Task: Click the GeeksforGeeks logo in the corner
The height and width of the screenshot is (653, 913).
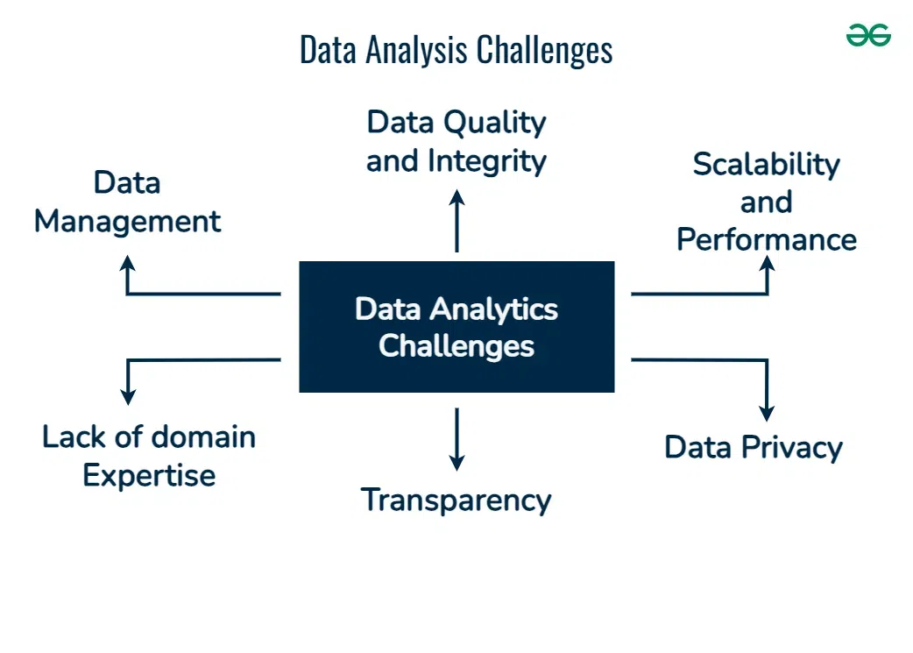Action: [x=868, y=35]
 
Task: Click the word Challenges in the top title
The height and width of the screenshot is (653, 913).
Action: [x=544, y=50]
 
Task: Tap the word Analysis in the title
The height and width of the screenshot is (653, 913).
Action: [x=416, y=50]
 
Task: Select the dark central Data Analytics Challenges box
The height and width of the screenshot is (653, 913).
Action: [x=456, y=327]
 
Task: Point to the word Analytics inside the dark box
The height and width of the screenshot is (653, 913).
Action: [x=494, y=310]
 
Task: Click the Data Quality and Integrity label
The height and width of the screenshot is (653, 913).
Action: [x=456, y=141]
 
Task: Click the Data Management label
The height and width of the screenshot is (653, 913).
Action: [x=128, y=202]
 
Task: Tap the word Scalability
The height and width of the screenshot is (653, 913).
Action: [x=767, y=164]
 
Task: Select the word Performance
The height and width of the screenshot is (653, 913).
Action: [x=767, y=239]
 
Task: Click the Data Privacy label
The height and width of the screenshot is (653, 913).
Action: [x=754, y=448]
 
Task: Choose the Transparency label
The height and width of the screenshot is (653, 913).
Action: [x=456, y=500]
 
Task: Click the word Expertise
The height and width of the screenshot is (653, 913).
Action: [x=149, y=476]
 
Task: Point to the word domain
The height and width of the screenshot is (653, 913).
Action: [x=203, y=437]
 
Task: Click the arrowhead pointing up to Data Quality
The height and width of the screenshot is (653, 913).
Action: [x=457, y=197]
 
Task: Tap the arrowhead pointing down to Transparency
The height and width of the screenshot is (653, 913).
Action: [x=457, y=463]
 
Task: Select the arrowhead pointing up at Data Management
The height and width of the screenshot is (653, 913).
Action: [x=128, y=263]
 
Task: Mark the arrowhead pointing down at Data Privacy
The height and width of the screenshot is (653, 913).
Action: [x=767, y=414]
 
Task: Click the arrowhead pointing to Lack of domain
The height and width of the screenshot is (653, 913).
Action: [x=128, y=397]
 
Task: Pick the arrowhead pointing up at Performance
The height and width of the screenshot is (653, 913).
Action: [x=768, y=263]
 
